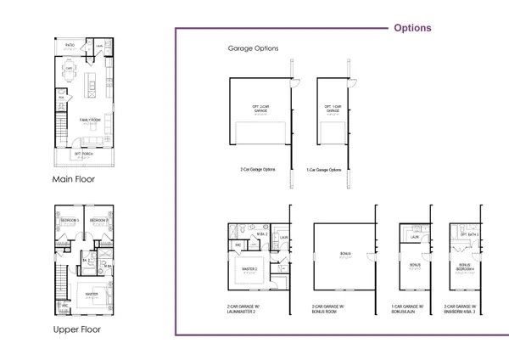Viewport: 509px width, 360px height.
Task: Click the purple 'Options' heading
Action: point(412,28)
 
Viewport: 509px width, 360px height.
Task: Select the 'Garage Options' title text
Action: point(253,48)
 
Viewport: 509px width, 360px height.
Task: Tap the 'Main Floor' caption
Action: point(74,179)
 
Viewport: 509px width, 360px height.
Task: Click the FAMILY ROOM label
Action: point(90,121)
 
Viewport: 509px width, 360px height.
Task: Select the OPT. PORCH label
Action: point(83,154)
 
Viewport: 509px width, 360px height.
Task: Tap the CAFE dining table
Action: point(70,73)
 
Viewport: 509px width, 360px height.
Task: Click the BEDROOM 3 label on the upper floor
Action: point(70,221)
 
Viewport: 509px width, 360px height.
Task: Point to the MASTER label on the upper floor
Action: point(91,295)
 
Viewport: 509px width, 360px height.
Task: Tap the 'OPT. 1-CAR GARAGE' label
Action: point(333,109)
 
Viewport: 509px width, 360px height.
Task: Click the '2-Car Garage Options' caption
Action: point(257,170)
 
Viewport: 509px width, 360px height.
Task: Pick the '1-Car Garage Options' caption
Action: point(324,170)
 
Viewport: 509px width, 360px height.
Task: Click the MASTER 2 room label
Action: point(249,271)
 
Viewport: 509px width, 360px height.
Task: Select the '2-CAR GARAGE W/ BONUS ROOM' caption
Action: point(328,309)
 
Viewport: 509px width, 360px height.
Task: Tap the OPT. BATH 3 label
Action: point(469,234)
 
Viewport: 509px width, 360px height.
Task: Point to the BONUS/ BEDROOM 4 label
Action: point(465,267)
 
